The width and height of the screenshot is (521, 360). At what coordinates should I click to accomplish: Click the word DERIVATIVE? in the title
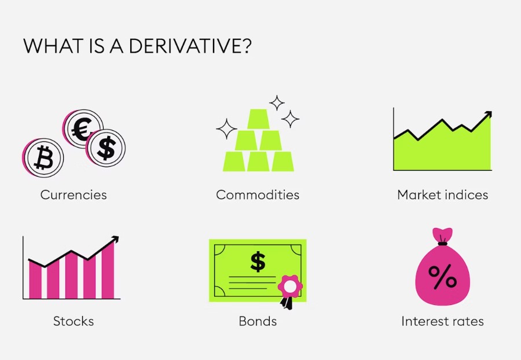pos(190,46)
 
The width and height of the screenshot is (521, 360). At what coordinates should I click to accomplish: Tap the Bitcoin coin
pos(43,158)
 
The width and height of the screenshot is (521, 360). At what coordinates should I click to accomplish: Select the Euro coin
pos(82,128)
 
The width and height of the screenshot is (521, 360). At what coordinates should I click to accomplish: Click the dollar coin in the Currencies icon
pos(106,148)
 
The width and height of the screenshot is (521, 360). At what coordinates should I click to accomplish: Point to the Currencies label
pos(74,195)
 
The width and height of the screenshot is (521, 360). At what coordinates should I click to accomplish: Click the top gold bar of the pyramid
pos(258,119)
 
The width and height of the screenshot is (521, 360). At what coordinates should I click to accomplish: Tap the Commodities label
pos(258,194)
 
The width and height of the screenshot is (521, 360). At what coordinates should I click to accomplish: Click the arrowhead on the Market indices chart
pos(488,115)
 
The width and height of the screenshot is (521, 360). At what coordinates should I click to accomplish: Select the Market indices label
pos(443,194)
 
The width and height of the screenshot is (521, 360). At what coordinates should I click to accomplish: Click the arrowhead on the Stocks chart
pos(115,240)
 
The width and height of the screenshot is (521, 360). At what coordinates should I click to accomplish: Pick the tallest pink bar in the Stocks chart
pos(108,270)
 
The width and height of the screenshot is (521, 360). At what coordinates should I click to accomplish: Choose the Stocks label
pos(74,321)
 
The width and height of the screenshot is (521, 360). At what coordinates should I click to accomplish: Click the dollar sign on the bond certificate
pos(258,262)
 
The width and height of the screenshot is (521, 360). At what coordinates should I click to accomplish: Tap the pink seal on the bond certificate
pos(290,286)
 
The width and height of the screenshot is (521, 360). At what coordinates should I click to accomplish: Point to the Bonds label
pos(258,321)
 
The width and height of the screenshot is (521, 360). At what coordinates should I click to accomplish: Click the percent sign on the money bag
pos(442,276)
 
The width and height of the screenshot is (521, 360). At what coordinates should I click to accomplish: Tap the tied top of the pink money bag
pos(443,236)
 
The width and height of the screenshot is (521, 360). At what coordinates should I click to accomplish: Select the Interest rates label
pos(443,321)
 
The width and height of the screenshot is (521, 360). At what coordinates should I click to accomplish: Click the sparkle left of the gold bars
pos(226,129)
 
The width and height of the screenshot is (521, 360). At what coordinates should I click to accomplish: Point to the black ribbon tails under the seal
pos(287,303)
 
